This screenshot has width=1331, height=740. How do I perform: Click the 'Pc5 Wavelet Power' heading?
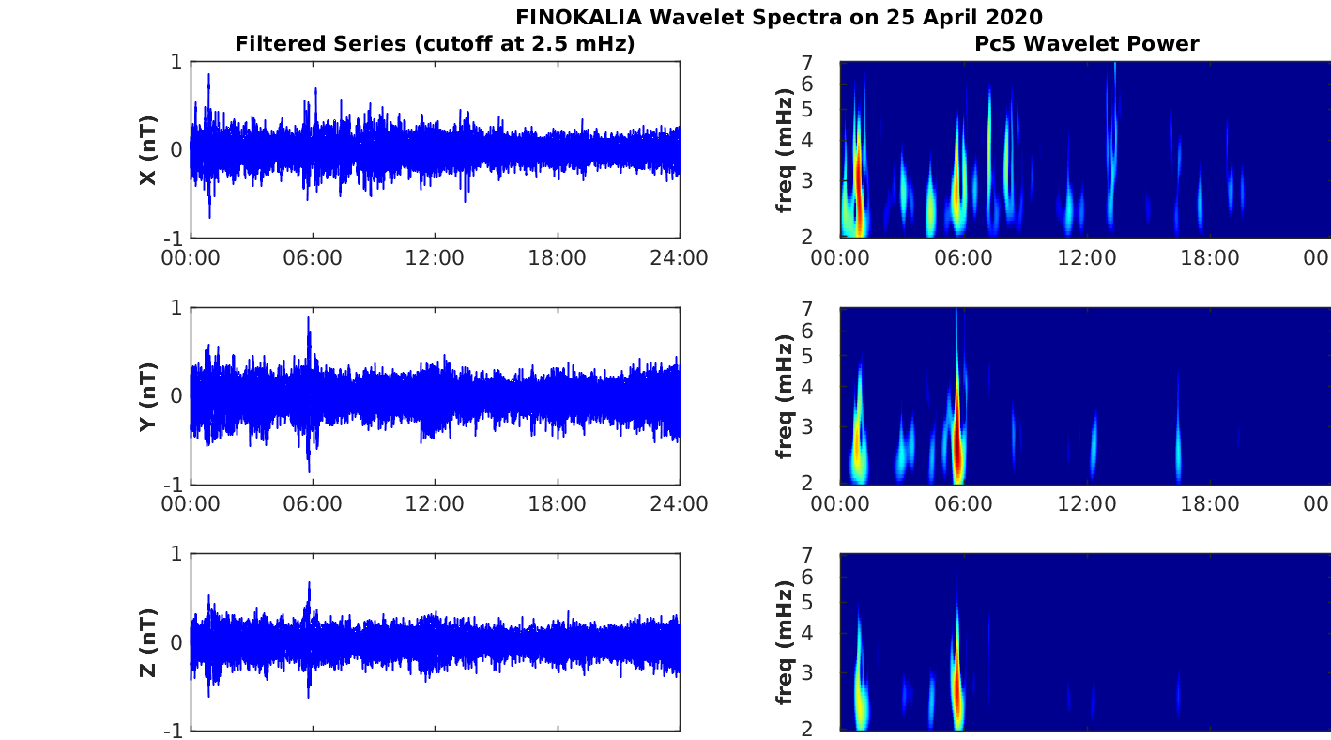[x=1085, y=43]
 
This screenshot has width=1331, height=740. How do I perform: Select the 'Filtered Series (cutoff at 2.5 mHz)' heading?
[x=435, y=43]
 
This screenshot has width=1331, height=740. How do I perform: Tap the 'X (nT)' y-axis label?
[x=147, y=150]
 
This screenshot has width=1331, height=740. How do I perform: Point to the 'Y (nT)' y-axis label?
[x=147, y=396]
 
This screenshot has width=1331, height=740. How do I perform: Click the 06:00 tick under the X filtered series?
[x=313, y=258]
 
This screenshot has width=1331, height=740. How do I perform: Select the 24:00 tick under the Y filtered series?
[x=679, y=504]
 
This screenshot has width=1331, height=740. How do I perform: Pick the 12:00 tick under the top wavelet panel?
[x=1086, y=258]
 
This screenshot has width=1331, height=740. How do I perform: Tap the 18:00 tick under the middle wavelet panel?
[x=1209, y=504]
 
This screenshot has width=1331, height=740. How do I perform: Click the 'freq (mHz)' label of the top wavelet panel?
[x=786, y=150]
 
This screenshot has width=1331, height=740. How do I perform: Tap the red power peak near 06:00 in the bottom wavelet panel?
[x=957, y=690]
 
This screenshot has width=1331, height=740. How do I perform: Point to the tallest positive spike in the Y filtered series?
[x=309, y=318]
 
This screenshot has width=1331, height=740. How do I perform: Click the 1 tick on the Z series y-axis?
[x=176, y=554]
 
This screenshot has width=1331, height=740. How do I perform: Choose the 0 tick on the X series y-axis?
[x=176, y=150]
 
